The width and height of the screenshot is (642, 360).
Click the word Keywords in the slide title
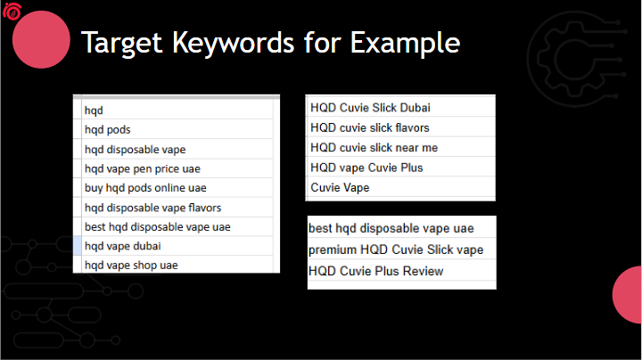click(233, 43)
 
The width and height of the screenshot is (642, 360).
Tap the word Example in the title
click(405, 44)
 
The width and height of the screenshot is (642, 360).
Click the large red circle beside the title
click(41, 39)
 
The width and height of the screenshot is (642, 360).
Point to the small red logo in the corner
click(12, 11)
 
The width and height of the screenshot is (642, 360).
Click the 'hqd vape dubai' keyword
click(123, 246)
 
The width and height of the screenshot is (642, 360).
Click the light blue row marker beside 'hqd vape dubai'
click(78, 246)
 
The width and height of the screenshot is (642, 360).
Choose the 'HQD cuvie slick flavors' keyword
click(370, 127)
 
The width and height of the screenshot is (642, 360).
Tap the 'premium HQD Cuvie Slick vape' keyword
click(396, 250)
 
